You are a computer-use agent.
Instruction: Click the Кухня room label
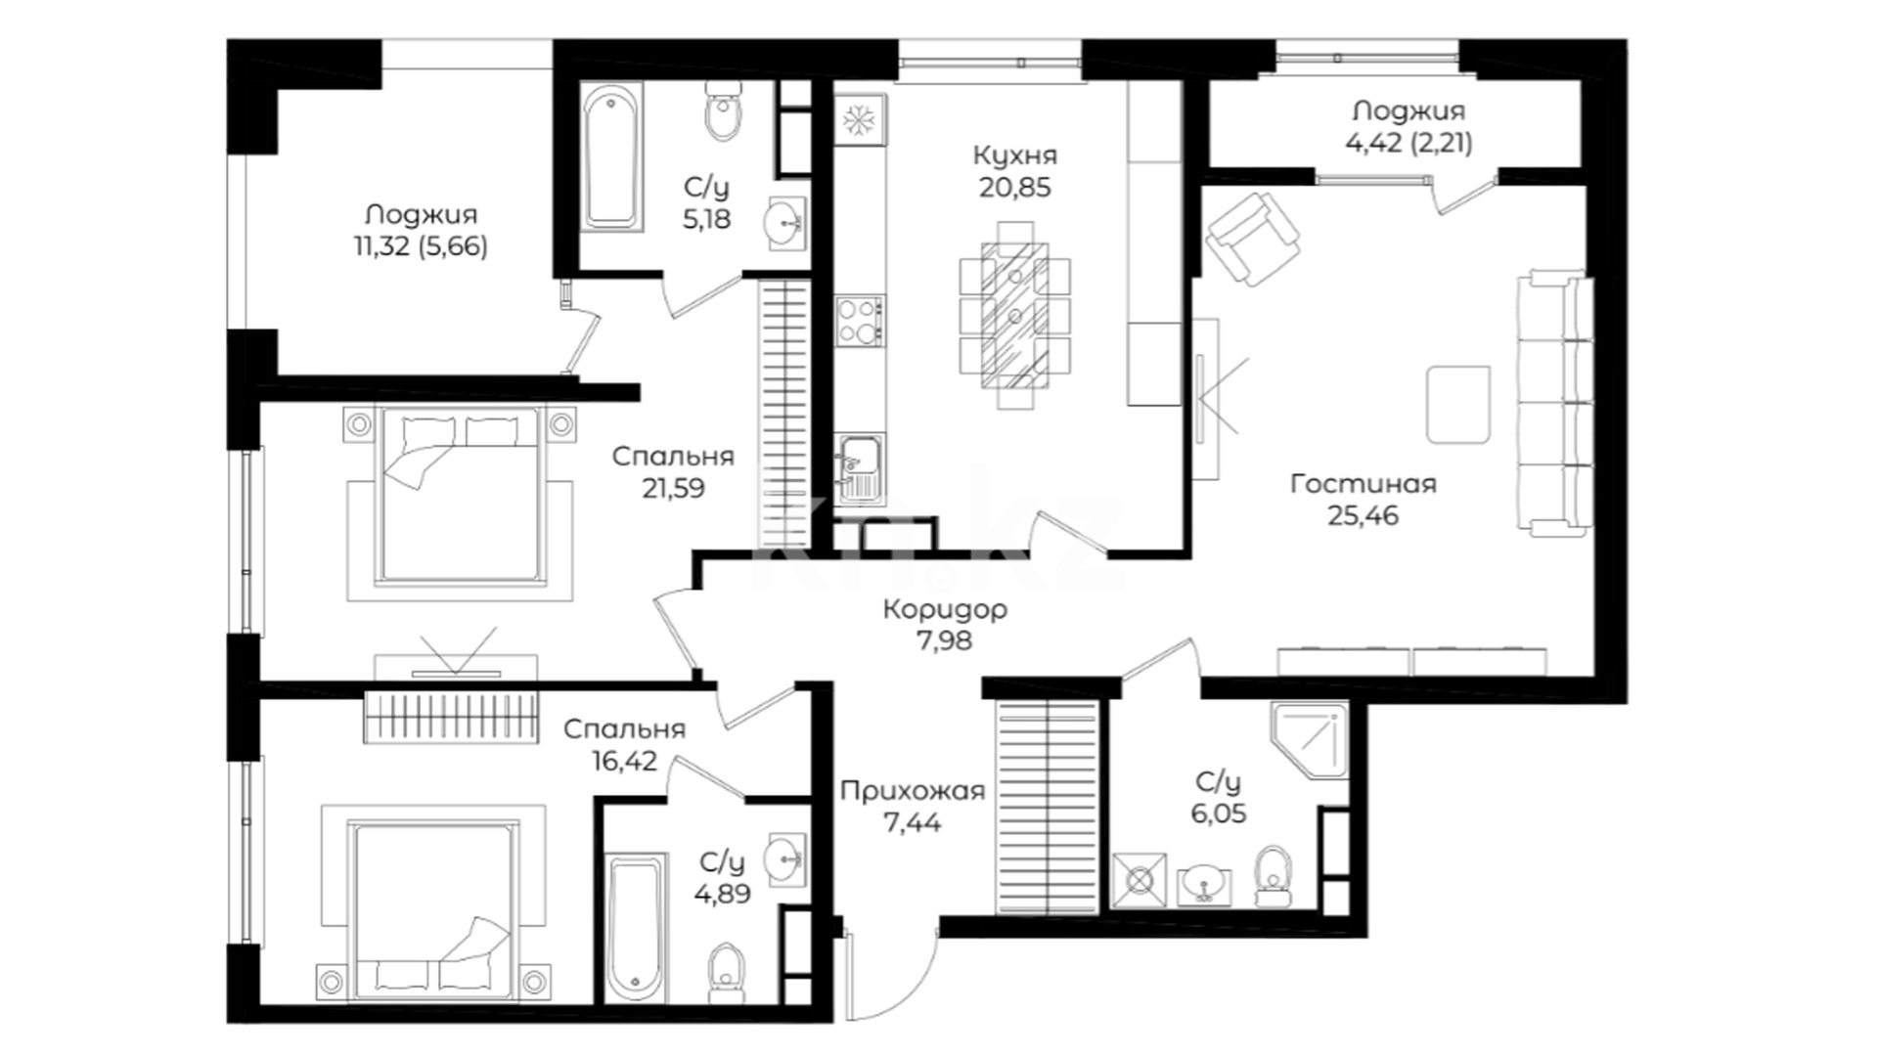[1014, 154]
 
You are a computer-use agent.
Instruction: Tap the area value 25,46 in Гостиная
[1363, 514]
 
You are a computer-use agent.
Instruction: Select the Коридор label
[944, 609]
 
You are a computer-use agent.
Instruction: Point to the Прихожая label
[912, 790]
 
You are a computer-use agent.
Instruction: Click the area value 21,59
[673, 487]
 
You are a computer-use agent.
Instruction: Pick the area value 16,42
[624, 760]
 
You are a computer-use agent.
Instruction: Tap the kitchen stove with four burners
[860, 321]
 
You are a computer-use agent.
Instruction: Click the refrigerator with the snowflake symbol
[860, 120]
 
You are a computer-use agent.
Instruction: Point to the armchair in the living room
[1253, 238]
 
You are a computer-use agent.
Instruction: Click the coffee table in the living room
[1457, 404]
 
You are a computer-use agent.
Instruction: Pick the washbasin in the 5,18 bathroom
[785, 224]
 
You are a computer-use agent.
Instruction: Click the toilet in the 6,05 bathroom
[1273, 875]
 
